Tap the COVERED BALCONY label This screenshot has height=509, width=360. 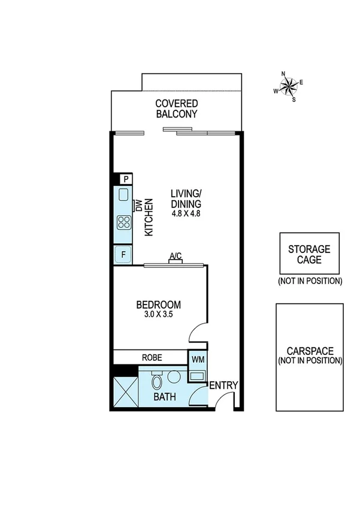click(x=177, y=109)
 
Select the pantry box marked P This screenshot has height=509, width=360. click(x=126, y=179)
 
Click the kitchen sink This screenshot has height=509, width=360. click(x=123, y=195)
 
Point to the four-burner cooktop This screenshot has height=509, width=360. click(x=124, y=223)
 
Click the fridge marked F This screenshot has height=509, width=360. click(x=123, y=254)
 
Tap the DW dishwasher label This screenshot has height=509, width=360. click(x=137, y=206)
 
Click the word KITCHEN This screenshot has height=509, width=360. click(x=149, y=218)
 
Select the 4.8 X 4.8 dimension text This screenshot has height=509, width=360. click(x=186, y=213)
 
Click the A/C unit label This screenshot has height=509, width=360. click(x=176, y=257)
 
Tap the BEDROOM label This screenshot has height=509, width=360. click(x=159, y=305)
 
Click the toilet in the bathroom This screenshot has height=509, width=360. click(x=157, y=381)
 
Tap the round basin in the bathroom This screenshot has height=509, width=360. click(x=175, y=377)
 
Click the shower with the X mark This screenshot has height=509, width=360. click(x=126, y=392)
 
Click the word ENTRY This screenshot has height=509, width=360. click(x=223, y=385)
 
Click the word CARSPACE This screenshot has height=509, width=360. click(x=309, y=352)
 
